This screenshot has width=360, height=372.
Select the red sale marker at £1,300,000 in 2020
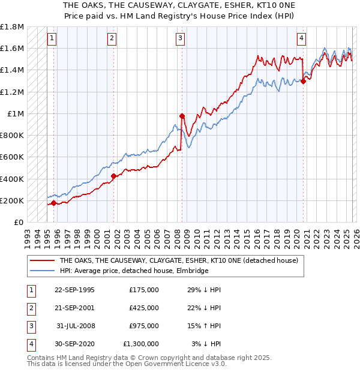pyautogui.click(x=303, y=82)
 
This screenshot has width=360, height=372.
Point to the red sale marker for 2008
pyautogui.click(x=182, y=116)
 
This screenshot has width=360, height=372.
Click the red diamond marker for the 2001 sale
pyautogui.click(x=113, y=176)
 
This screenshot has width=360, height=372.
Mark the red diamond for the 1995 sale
pyautogui.click(x=53, y=203)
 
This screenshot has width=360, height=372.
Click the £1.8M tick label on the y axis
pyautogui.click(x=12, y=28)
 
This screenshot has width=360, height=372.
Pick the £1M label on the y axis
pyautogui.click(x=16, y=114)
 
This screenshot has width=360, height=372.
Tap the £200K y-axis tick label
pyautogui.click(x=12, y=200)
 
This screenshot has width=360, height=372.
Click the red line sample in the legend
pyautogui.click(x=41, y=261)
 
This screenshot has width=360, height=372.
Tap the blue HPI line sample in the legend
pyautogui.click(x=41, y=271)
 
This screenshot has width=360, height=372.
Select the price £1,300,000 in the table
pyautogui.click(x=140, y=344)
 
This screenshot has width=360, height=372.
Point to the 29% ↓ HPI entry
pyautogui.click(x=204, y=290)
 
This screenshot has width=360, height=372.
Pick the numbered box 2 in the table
pyautogui.click(x=30, y=308)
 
